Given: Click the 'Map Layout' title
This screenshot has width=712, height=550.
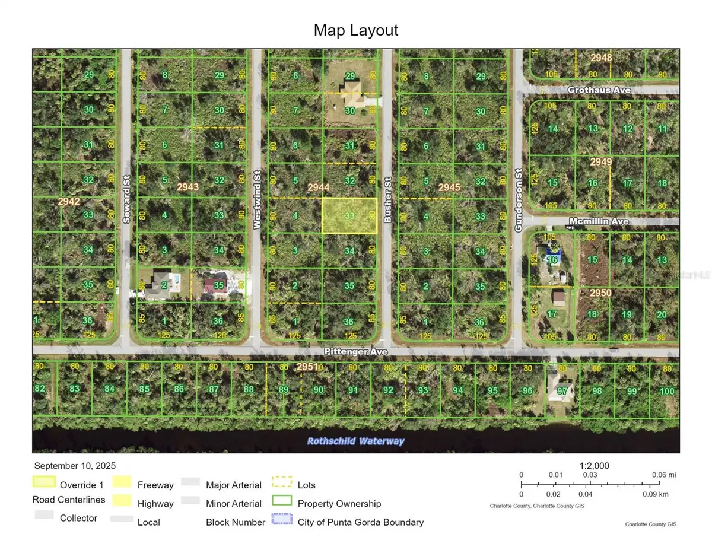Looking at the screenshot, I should coord(356,30).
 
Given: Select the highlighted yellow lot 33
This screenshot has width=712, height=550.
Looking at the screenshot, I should coord(349,215).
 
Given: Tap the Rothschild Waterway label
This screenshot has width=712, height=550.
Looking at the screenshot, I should coord(356,441).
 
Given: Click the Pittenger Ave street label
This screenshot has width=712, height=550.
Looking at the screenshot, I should coord(356,352).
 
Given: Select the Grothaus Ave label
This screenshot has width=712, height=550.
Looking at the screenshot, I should coord(599,90).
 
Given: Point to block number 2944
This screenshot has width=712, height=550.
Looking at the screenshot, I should coord(318,187).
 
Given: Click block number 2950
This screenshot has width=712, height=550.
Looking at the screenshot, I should coord(600,293).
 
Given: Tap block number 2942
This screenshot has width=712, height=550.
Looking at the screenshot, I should coord(68,202).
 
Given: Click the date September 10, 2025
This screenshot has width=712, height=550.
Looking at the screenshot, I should coord(75,466).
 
